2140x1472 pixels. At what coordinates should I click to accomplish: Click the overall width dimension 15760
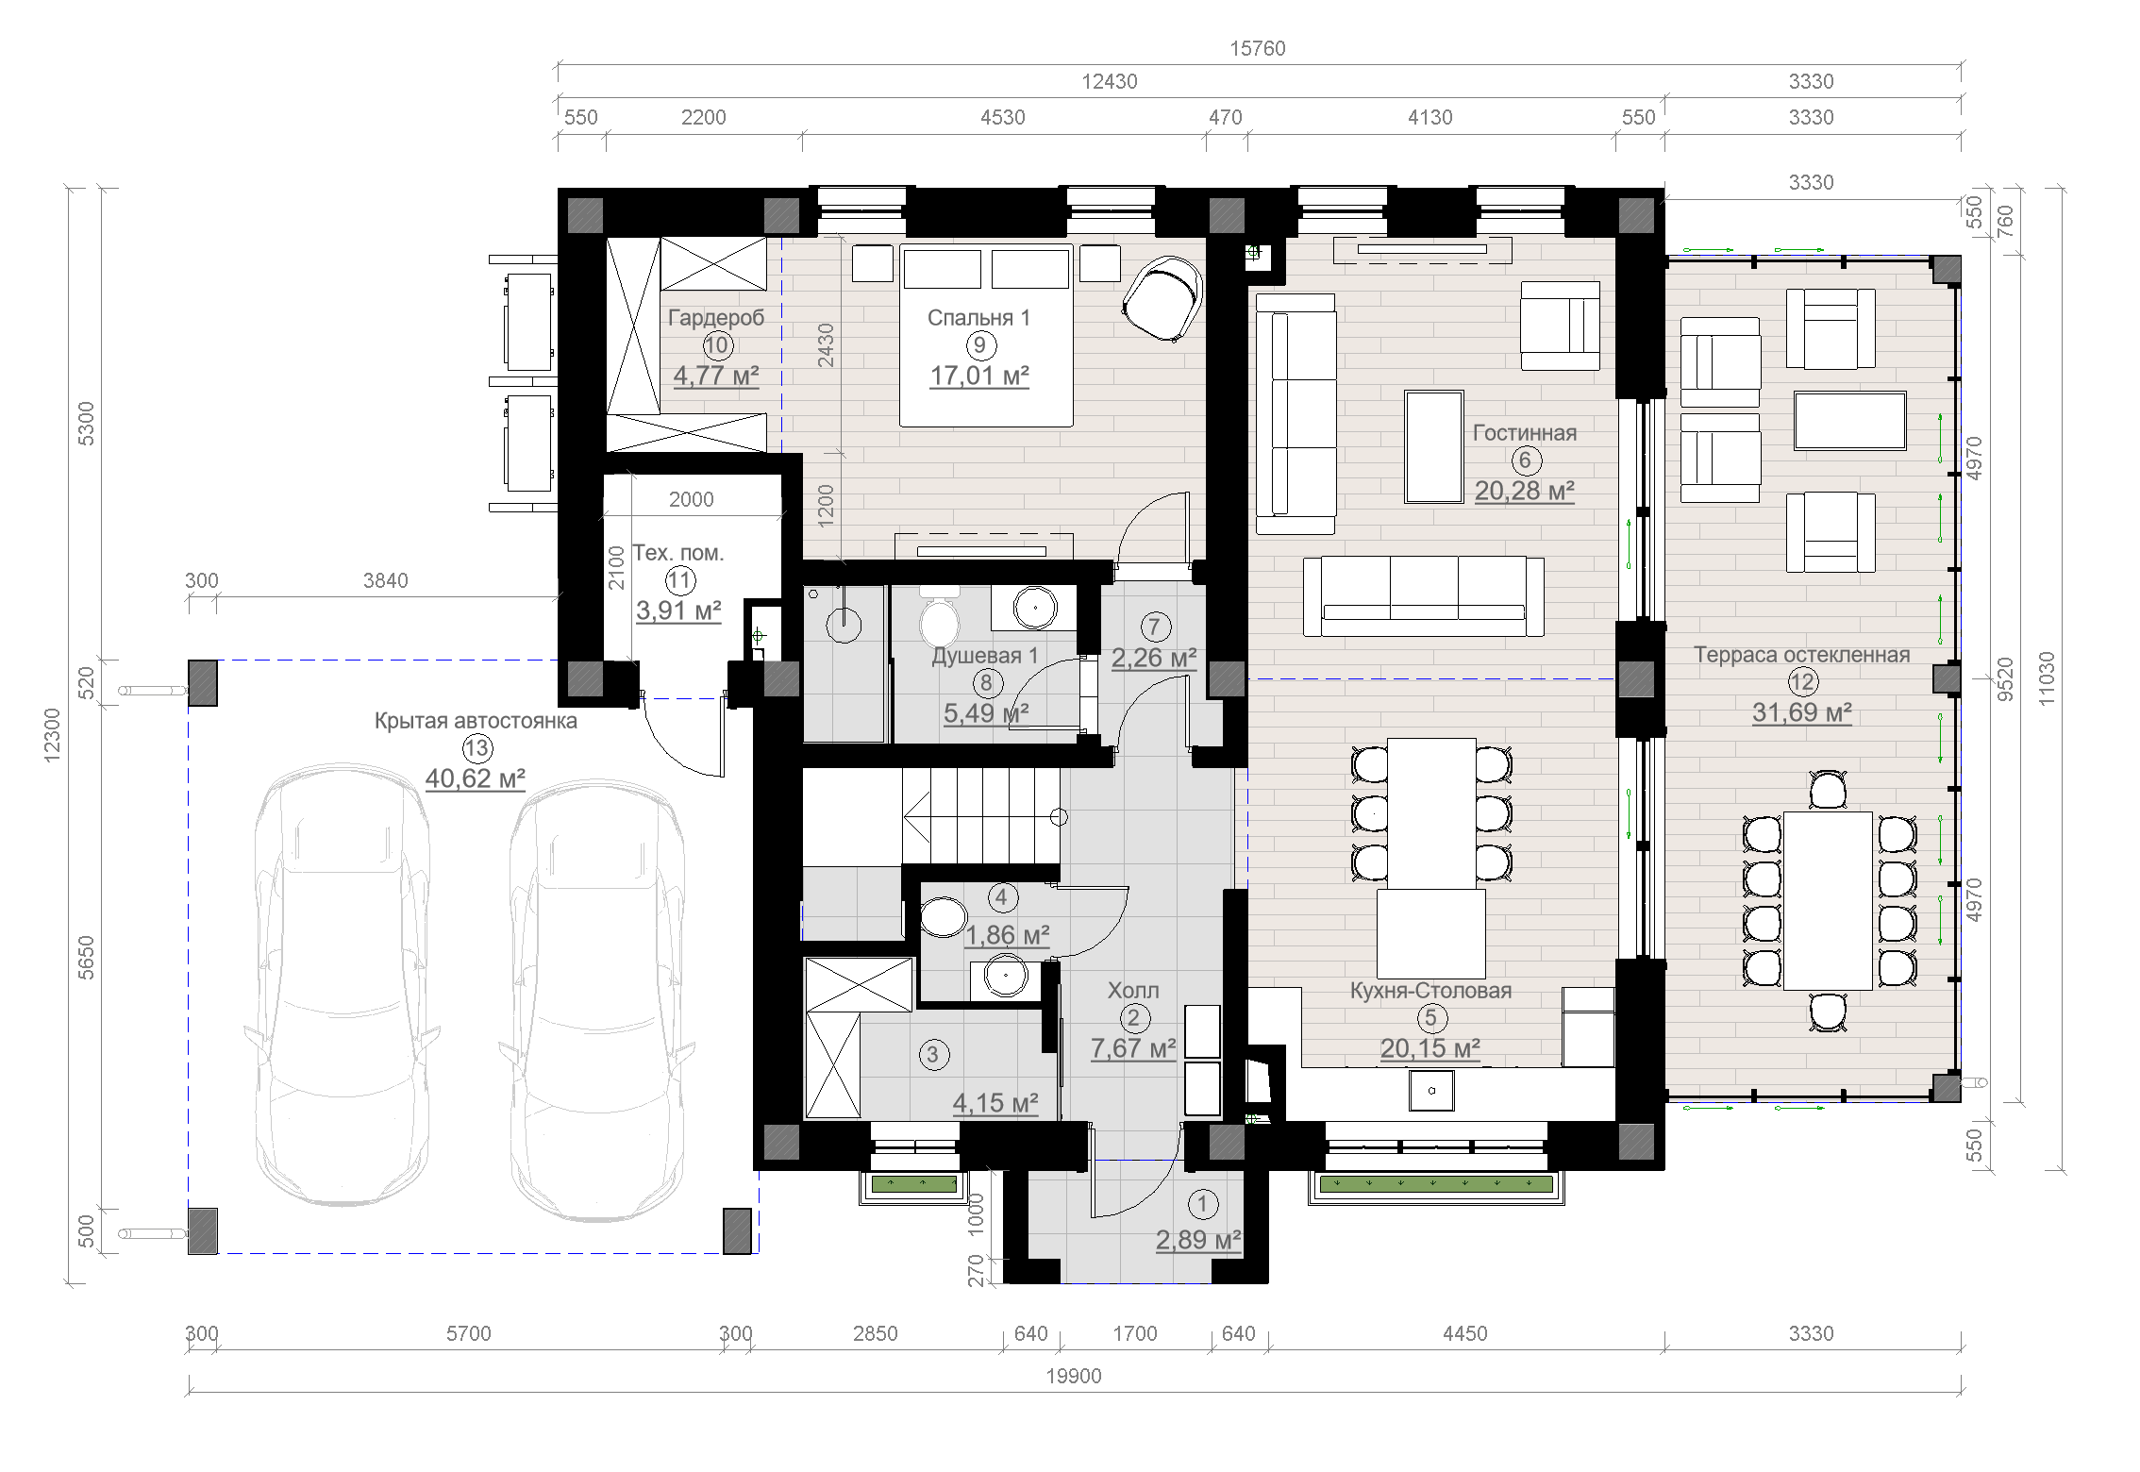point(1257,48)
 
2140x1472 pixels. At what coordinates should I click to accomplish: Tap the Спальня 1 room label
point(978,318)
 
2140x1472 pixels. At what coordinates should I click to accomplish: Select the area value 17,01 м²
point(979,376)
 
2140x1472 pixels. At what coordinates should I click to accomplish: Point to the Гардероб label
point(716,318)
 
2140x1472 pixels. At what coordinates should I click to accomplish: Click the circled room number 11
point(680,580)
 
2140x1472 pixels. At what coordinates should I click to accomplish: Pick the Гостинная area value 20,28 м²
point(1525,491)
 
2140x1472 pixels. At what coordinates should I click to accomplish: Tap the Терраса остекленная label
point(1801,655)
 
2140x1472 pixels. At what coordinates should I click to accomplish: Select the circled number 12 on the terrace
point(1802,682)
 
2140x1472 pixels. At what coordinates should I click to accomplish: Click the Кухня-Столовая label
point(1430,991)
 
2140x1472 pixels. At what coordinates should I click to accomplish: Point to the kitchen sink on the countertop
point(1431,1091)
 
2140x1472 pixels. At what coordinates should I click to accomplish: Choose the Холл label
point(1133,991)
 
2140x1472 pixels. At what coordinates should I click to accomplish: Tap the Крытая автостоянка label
point(476,721)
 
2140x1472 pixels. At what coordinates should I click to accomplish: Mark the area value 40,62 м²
point(475,778)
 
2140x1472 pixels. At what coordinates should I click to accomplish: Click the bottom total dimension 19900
point(1074,1376)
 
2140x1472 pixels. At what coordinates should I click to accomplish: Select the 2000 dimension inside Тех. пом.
point(691,499)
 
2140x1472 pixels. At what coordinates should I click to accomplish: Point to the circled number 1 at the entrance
point(1202,1204)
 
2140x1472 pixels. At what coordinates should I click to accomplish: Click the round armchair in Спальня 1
point(1162,298)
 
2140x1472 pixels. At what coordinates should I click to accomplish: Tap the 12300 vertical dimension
point(52,734)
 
